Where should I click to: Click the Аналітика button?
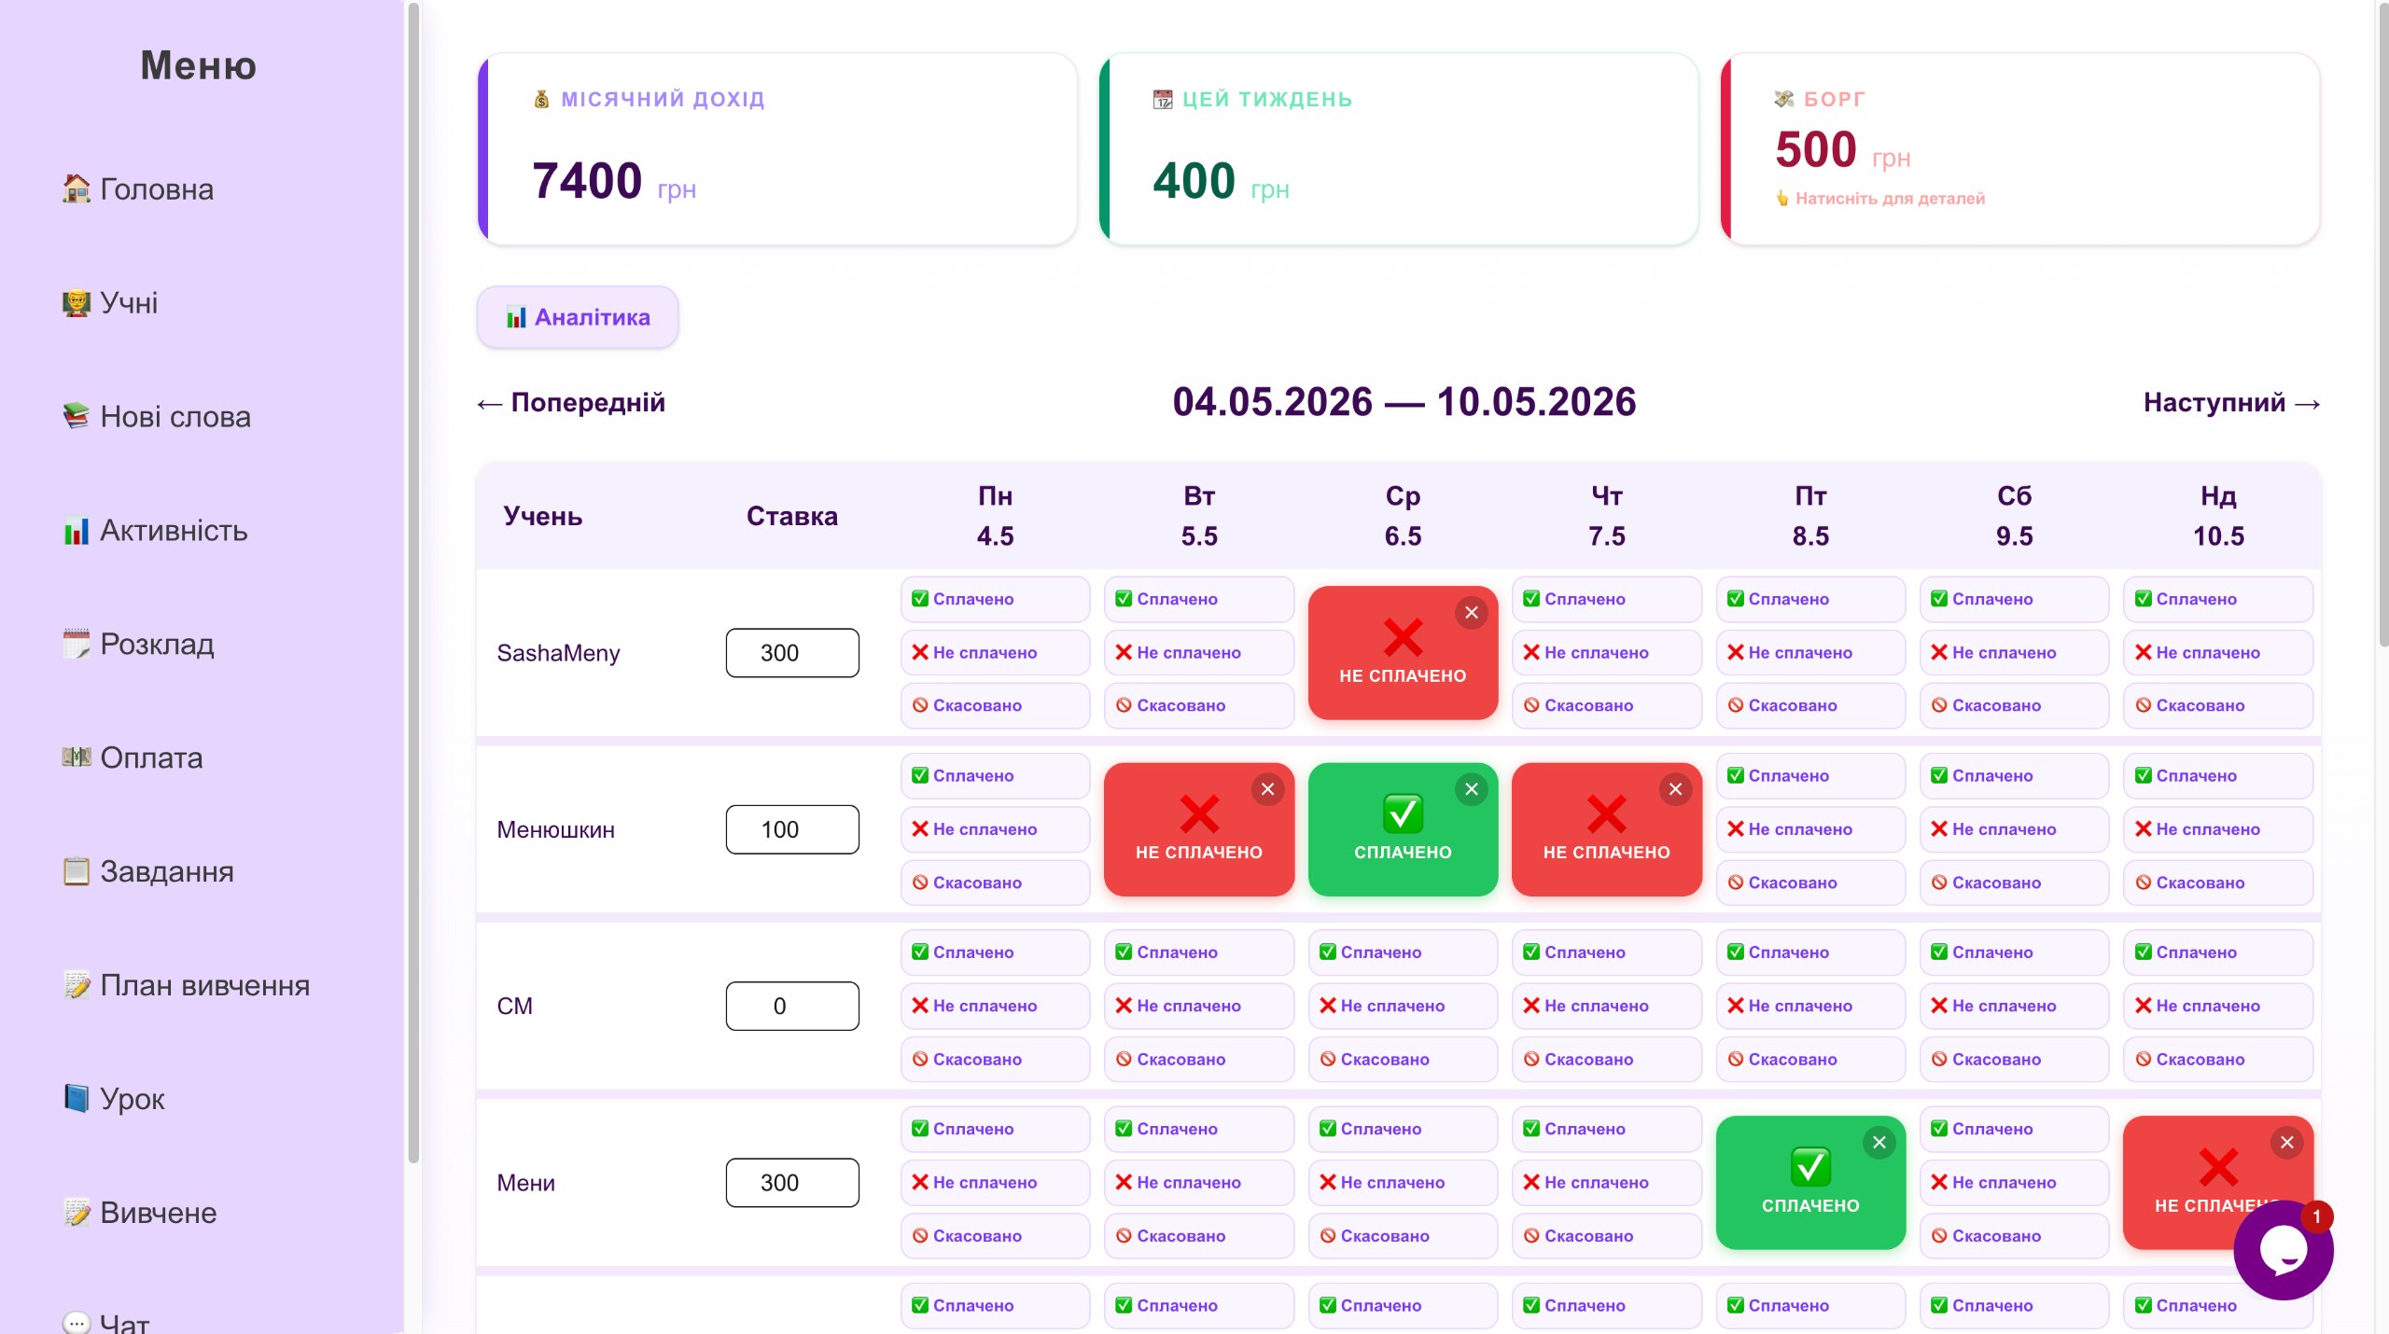(578, 317)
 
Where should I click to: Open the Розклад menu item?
(138, 644)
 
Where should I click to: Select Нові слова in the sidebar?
(157, 416)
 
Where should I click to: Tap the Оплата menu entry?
(133, 757)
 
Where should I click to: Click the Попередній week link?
(571, 402)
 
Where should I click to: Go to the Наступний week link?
(2231, 402)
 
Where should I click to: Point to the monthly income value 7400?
(587, 180)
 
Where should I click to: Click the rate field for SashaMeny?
(792, 653)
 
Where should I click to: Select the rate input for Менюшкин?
(792, 829)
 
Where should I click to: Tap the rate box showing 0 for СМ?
(792, 1006)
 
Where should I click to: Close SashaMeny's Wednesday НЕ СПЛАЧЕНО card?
(1472, 613)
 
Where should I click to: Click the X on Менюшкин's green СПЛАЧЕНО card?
(1472, 789)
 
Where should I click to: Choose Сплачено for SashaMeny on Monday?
(995, 599)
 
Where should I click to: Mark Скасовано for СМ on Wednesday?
(1403, 1059)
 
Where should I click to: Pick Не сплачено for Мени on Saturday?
(2014, 1182)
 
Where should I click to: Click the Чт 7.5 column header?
(1607, 516)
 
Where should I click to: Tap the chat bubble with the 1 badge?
(2284, 1250)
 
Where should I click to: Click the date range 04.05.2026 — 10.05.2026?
(1404, 402)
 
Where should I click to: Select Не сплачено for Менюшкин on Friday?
(1810, 829)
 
